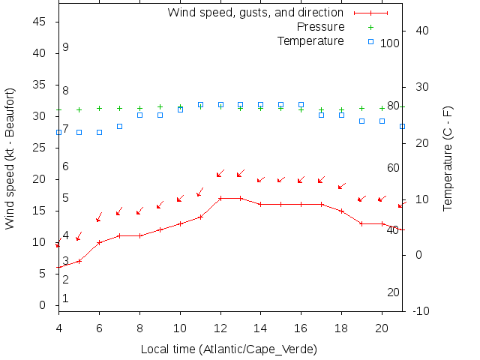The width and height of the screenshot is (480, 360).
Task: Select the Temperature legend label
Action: click(x=310, y=40)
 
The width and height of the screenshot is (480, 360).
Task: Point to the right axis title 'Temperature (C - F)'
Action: click(x=448, y=157)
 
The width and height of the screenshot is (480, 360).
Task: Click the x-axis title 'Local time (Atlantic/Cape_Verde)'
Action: click(x=229, y=349)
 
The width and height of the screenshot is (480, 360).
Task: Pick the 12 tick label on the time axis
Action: click(x=220, y=328)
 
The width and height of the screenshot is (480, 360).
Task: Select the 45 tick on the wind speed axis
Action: click(x=42, y=22)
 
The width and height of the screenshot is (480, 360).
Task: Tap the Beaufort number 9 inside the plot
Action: click(x=66, y=47)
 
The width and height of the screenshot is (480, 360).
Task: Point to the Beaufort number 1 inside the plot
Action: click(x=66, y=298)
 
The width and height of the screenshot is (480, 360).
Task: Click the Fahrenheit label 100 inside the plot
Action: click(x=390, y=43)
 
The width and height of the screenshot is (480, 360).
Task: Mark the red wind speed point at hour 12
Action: click(x=220, y=198)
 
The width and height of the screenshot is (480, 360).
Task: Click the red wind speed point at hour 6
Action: click(x=99, y=242)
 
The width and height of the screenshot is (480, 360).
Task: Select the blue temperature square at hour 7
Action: click(x=119, y=126)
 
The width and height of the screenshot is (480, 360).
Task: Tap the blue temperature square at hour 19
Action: click(x=361, y=121)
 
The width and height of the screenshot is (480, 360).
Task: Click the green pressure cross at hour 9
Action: click(x=160, y=106)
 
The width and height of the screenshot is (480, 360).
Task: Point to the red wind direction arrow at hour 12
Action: click(x=220, y=174)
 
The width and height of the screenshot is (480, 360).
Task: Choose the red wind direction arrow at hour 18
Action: click(x=342, y=185)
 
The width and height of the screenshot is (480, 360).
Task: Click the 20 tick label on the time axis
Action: click(x=382, y=328)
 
